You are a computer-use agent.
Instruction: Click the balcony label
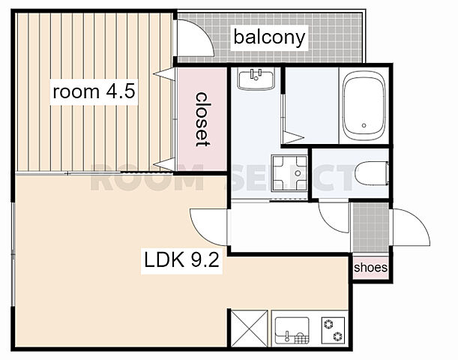click(x=269, y=37)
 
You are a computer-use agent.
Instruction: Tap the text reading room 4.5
click(x=94, y=91)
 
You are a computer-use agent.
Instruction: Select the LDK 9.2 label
click(x=181, y=260)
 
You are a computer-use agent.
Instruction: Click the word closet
click(x=202, y=119)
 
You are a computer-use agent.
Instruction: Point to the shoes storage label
click(x=370, y=267)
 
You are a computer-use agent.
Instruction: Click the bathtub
click(x=364, y=106)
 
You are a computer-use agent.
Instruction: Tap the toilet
click(x=372, y=173)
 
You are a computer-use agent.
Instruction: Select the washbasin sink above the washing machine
click(x=256, y=79)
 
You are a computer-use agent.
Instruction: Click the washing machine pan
click(x=289, y=173)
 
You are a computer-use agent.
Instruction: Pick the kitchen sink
click(x=292, y=331)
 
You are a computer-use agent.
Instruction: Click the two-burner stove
click(x=333, y=331)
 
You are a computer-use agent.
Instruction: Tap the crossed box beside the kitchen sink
click(x=249, y=328)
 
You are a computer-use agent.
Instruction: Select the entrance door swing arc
click(x=418, y=221)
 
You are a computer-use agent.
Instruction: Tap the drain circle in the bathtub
click(x=364, y=125)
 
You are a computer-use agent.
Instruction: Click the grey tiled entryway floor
click(x=371, y=227)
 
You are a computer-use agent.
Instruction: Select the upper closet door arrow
click(x=164, y=74)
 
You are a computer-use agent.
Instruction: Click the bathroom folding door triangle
click(x=293, y=137)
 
